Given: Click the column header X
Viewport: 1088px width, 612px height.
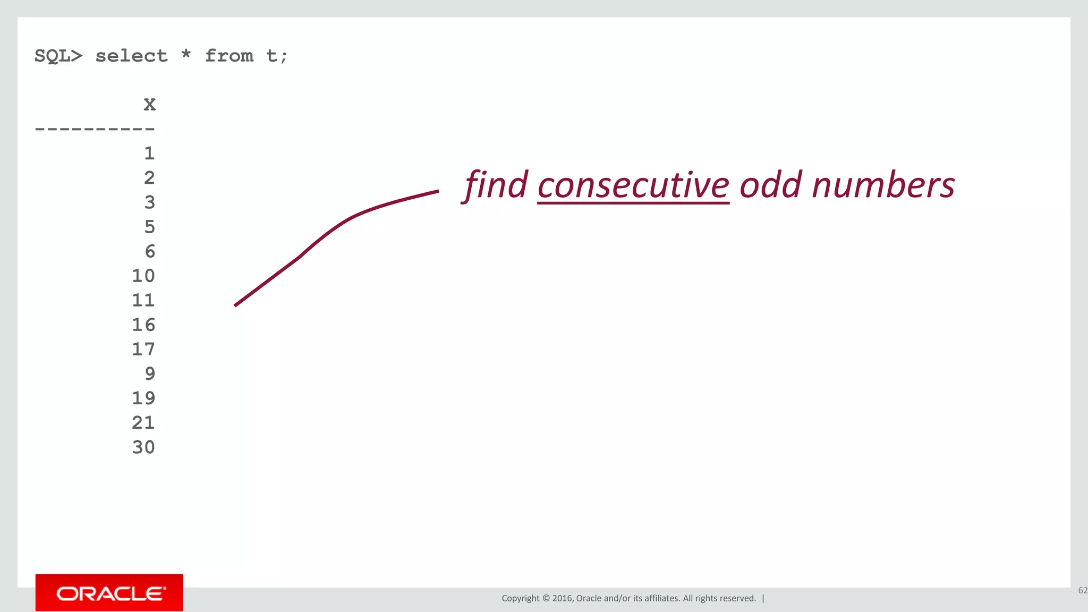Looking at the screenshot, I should pyautogui.click(x=149, y=105).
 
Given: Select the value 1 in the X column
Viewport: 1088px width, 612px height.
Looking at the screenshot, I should pyautogui.click(x=149, y=154).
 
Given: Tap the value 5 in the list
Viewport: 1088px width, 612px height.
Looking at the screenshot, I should pyautogui.click(x=150, y=227).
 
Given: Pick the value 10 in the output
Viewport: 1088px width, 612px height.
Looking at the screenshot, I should pyautogui.click(x=143, y=276).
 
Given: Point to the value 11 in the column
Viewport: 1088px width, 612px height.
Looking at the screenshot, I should pyautogui.click(x=143, y=300).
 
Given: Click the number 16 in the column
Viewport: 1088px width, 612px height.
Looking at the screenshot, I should pyautogui.click(x=143, y=325).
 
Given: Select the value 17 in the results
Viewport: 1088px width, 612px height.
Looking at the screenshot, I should pyautogui.click(x=143, y=349).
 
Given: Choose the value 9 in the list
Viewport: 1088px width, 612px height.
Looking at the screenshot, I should pyautogui.click(x=150, y=373).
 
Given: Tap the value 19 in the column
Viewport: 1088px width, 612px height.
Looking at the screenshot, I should pyautogui.click(x=143, y=398).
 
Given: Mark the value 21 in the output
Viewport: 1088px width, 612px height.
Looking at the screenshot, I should pyautogui.click(x=143, y=423).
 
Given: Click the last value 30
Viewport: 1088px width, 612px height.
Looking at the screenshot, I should pyautogui.click(x=143, y=447).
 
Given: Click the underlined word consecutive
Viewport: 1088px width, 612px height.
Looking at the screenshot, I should pyautogui.click(x=633, y=186).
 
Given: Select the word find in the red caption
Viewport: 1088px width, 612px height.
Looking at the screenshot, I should pyautogui.click(x=496, y=186).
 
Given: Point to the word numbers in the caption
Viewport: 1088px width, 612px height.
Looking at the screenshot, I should pyautogui.click(x=883, y=186).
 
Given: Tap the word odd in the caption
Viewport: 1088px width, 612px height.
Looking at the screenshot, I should pyautogui.click(x=770, y=186).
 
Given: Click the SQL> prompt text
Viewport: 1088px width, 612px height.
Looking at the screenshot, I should pyautogui.click(x=58, y=56).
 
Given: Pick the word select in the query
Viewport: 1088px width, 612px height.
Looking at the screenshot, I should pyautogui.click(x=131, y=56).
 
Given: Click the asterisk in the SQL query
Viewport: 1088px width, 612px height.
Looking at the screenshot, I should pyautogui.click(x=186, y=54).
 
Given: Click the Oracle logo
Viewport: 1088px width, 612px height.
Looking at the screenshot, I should pyautogui.click(x=109, y=593).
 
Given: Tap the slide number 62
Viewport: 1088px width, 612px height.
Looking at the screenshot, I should pyautogui.click(x=1082, y=590).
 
